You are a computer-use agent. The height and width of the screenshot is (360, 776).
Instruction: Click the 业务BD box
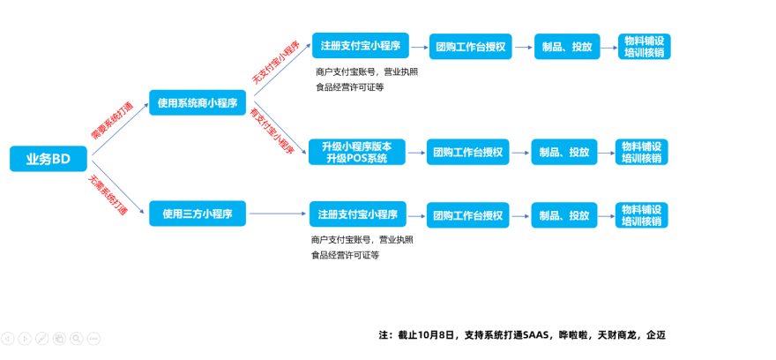tap(48, 159)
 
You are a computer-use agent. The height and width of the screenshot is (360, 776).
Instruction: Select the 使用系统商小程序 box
tap(197, 103)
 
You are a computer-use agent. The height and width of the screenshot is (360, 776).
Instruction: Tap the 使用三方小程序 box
tap(197, 214)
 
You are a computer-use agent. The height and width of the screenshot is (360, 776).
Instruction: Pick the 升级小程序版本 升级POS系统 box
tap(356, 152)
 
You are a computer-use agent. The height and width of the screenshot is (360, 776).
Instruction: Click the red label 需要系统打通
tap(111, 121)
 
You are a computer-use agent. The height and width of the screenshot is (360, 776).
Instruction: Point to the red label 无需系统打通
tap(107, 195)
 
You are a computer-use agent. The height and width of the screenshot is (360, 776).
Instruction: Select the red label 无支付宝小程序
tap(275, 63)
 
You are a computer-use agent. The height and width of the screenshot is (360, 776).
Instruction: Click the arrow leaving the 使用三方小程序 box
tap(277, 214)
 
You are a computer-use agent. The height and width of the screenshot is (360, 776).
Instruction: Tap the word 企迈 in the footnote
tap(656, 335)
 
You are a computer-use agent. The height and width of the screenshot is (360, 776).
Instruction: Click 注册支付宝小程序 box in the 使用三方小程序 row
tap(356, 214)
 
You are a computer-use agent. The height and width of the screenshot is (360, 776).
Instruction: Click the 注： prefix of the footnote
tap(384, 335)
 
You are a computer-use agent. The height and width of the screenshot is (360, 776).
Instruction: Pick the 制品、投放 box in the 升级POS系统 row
tap(564, 152)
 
